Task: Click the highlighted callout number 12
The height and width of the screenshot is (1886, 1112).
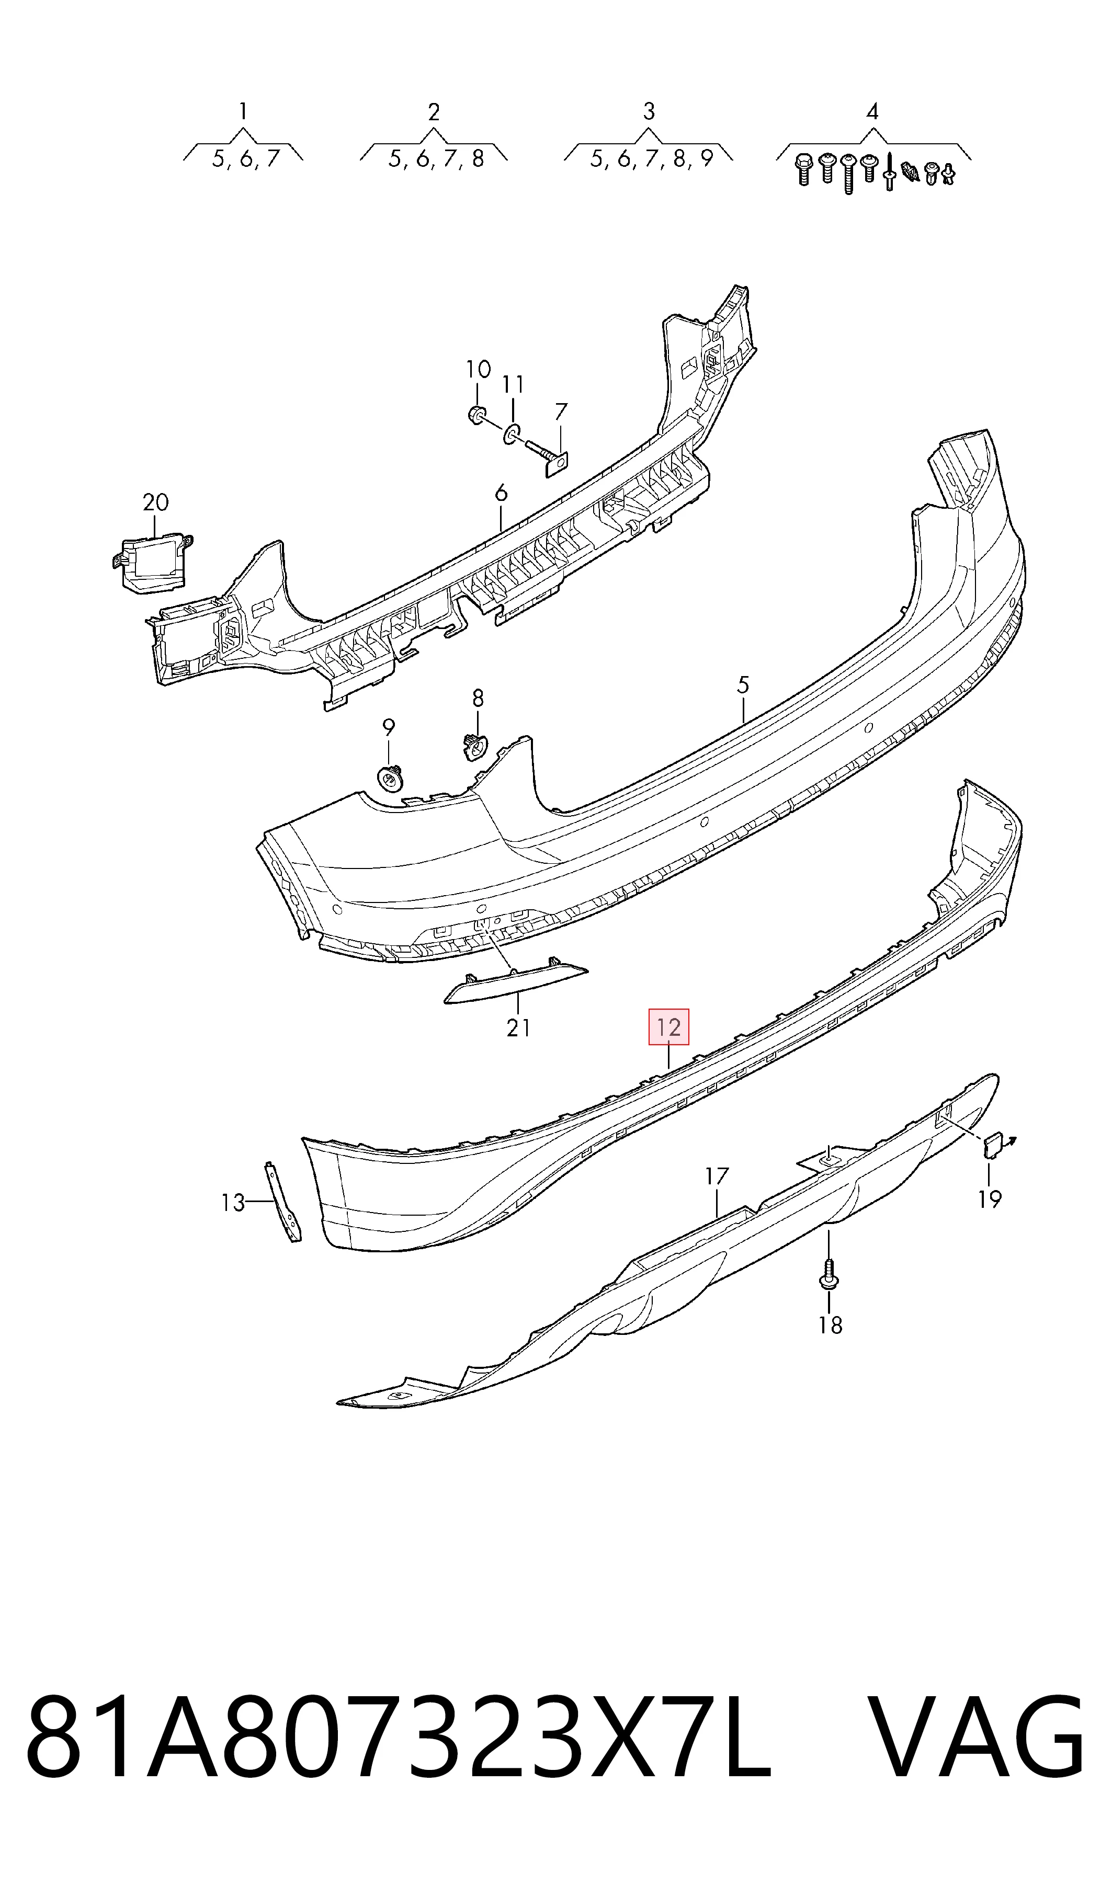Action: tap(668, 1027)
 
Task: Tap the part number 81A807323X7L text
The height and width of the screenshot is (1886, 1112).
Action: tap(398, 1756)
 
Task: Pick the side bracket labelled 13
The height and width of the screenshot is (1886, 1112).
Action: tap(284, 1202)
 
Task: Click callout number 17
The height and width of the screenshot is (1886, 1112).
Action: tap(717, 1176)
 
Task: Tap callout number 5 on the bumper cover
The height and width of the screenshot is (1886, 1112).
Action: tap(743, 684)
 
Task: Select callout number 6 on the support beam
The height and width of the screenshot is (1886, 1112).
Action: tap(501, 493)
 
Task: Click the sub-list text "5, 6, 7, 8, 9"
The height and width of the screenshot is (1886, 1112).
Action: tap(651, 159)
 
